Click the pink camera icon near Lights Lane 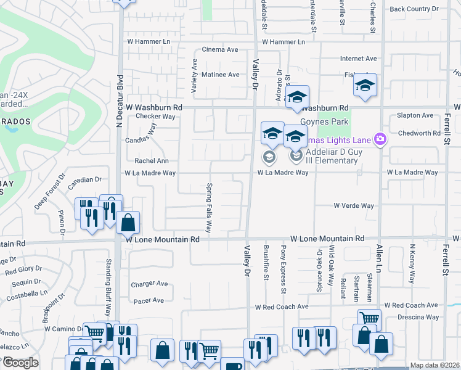(x=380, y=139)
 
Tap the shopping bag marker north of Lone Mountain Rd (x=128, y=223)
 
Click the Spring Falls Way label (x=209, y=207)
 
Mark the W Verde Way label (x=354, y=206)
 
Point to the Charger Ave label (x=149, y=284)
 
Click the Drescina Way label (x=418, y=317)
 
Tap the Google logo (x=20, y=363)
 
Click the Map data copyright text (x=434, y=365)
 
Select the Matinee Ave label (x=221, y=75)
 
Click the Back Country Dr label (x=414, y=9)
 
